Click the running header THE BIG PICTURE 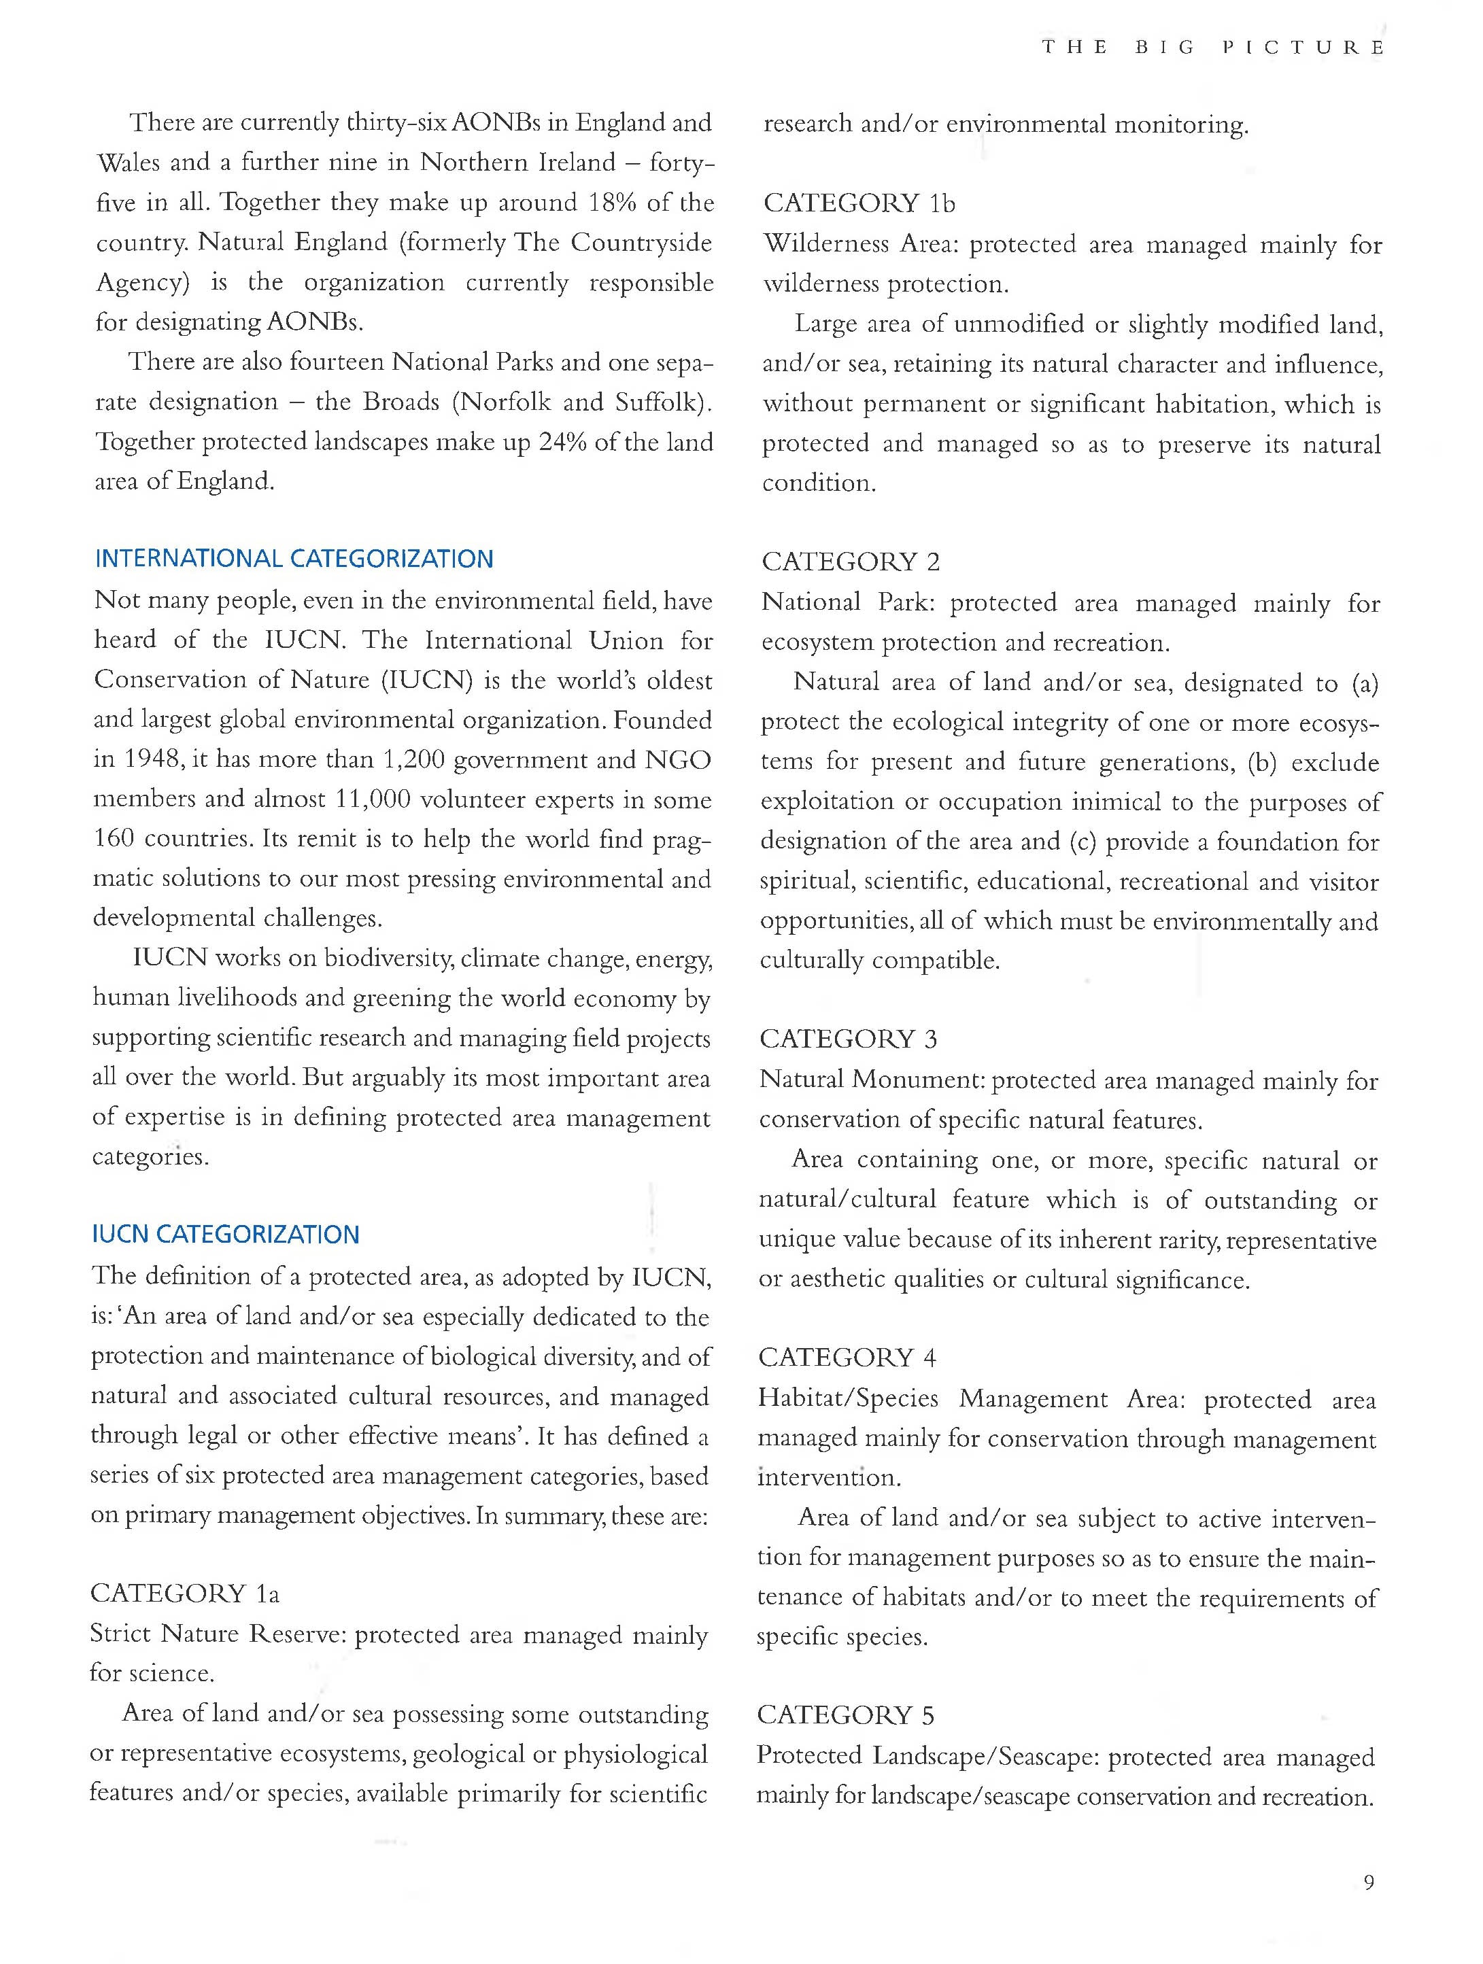click(1213, 48)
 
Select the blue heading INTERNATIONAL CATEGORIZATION click(294, 559)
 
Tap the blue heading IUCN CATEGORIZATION click(226, 1235)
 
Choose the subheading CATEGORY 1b click(859, 203)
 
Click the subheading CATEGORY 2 click(851, 562)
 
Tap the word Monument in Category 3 click(917, 1080)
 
